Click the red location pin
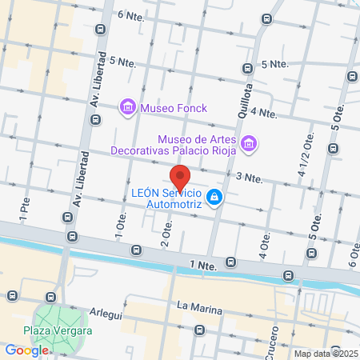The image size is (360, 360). [x=180, y=177]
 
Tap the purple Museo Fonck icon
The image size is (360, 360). [x=126, y=106]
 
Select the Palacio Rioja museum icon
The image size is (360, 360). [x=250, y=143]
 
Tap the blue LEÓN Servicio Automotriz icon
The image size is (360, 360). [x=214, y=197]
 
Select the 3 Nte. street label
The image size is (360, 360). [x=249, y=177]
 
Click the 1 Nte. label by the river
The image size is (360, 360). [x=203, y=264]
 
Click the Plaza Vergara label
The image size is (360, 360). [x=57, y=331]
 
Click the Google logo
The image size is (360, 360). [x=27, y=350]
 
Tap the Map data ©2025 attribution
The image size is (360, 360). [x=325, y=354]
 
